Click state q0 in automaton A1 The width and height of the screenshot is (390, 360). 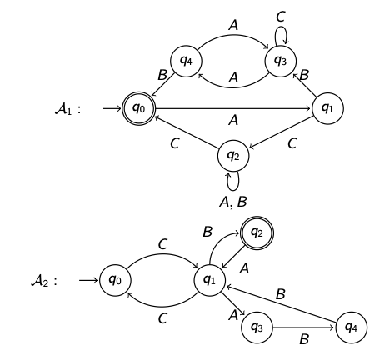[139, 108]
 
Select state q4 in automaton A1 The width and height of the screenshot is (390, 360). [186, 61]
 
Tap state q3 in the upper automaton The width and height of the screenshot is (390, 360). [281, 61]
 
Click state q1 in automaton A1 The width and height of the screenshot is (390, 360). [327, 108]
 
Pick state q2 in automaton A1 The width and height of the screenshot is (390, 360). [233, 155]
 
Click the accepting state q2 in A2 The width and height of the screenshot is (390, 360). [257, 232]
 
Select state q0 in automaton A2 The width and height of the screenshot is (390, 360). [115, 280]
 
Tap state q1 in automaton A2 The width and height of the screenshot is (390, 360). [209, 280]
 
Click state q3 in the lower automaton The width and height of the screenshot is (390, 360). [257, 327]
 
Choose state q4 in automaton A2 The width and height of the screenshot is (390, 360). [351, 327]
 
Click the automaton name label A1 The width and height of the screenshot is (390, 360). [67, 109]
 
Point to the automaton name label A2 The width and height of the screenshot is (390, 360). [43, 281]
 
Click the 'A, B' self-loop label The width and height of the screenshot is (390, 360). [233, 202]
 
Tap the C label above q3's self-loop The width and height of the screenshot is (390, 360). [281, 17]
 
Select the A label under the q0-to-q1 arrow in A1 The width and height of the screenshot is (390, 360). [233, 122]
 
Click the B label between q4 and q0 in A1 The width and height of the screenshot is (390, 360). [162, 76]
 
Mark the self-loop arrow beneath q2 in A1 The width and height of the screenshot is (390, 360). [233, 181]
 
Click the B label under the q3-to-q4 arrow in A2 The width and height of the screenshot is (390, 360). [304, 340]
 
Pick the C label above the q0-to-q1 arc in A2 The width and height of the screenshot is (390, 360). [162, 244]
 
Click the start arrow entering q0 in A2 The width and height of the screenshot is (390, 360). [88, 280]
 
